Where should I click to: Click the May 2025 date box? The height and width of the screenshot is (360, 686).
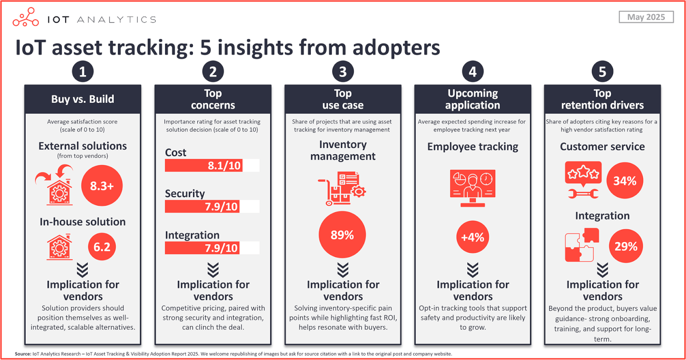pyautogui.click(x=646, y=17)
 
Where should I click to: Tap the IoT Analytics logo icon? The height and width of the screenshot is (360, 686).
pyautogui.click(x=26, y=18)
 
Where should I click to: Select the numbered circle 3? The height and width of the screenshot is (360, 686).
pyautogui.click(x=343, y=72)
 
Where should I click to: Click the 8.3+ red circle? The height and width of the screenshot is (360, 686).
pyautogui.click(x=102, y=186)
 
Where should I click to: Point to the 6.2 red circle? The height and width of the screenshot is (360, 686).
pyautogui.click(x=102, y=247)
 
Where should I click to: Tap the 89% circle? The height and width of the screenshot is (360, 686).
pyautogui.click(x=342, y=234)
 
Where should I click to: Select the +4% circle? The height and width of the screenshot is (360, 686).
pyautogui.click(x=472, y=237)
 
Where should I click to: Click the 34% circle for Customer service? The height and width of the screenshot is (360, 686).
pyautogui.click(x=625, y=180)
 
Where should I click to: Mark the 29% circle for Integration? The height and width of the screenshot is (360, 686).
pyautogui.click(x=626, y=246)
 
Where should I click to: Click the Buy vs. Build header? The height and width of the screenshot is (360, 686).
pyautogui.click(x=83, y=99)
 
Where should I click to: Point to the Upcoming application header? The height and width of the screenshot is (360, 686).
pyautogui.click(x=472, y=99)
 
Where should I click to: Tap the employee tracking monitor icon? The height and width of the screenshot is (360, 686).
pyautogui.click(x=472, y=188)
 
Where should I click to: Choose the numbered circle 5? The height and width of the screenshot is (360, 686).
pyautogui.click(x=602, y=72)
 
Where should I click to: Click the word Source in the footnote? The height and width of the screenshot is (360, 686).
pyautogui.click(x=23, y=354)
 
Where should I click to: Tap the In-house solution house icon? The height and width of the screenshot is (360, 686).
pyautogui.click(x=60, y=247)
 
